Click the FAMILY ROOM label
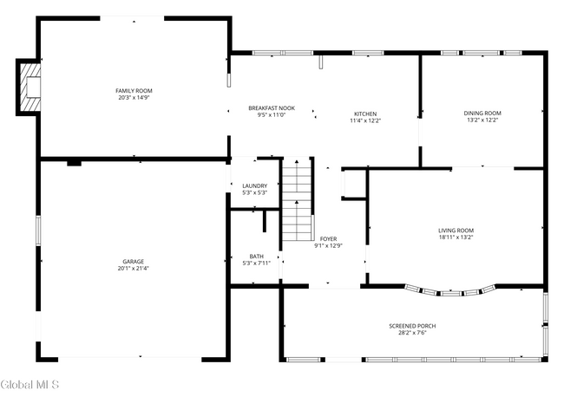point(134,91)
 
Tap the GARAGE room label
point(133,261)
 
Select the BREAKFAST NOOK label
point(272,108)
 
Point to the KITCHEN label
point(365,114)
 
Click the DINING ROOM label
point(482,114)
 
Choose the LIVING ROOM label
point(456,230)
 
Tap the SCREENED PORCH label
point(411,326)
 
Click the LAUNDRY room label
point(254,185)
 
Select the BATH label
point(257,256)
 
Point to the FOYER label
point(328,238)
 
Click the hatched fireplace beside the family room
point(30,87)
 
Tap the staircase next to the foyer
point(298,201)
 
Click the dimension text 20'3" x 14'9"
point(134,98)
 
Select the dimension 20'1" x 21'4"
point(133,268)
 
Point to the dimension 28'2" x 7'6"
point(411,333)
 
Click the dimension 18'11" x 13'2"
point(456,237)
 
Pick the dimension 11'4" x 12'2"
point(365,120)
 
